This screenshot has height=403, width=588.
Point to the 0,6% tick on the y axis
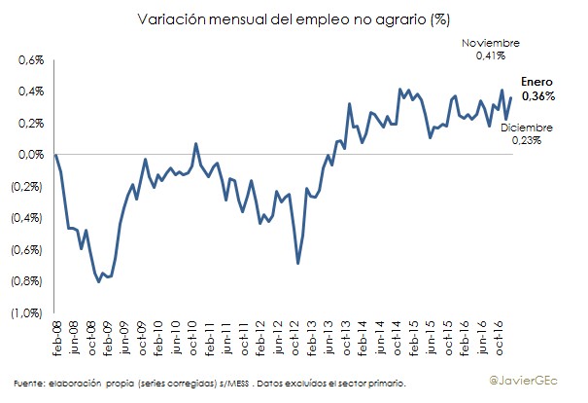tap(33, 60)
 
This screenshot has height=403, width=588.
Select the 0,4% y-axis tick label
tap(33, 92)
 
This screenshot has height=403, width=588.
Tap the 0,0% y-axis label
tap(33, 155)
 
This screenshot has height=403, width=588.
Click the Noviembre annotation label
tap(491, 45)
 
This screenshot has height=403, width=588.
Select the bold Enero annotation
tap(537, 84)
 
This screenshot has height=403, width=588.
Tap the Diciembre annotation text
tap(526, 128)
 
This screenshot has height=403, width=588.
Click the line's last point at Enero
tap(510, 96)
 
